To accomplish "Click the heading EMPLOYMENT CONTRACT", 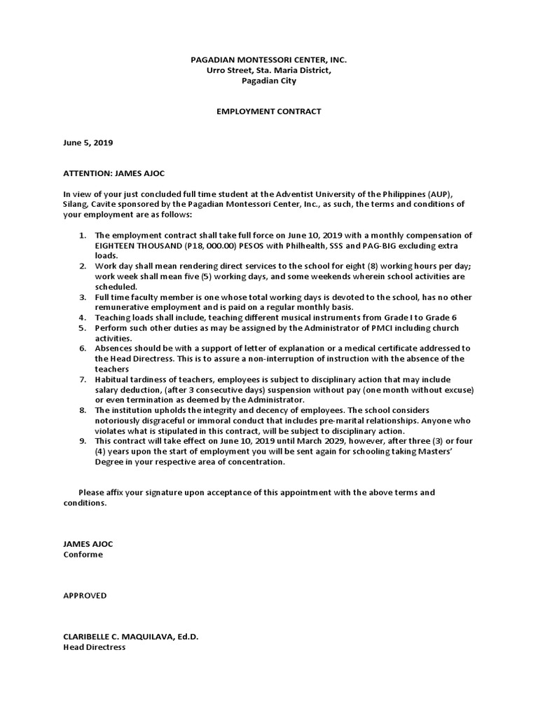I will click(x=268, y=111).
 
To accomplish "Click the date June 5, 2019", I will click(x=88, y=142).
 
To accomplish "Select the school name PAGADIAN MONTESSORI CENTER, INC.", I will click(x=268, y=61).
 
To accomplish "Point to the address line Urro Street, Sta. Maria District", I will click(x=268, y=71).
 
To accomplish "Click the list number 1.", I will click(x=83, y=236).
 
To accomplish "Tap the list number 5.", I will click(x=83, y=327).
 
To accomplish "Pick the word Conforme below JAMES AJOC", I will click(x=83, y=554).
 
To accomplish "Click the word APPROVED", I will click(x=85, y=595).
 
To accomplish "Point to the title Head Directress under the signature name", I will click(x=94, y=647).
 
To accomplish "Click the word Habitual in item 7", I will click(x=112, y=379).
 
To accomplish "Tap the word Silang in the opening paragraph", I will click(x=76, y=204).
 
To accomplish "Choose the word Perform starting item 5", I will click(x=111, y=327).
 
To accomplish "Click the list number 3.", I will click(x=83, y=297).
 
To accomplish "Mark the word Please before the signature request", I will click(x=91, y=492).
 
